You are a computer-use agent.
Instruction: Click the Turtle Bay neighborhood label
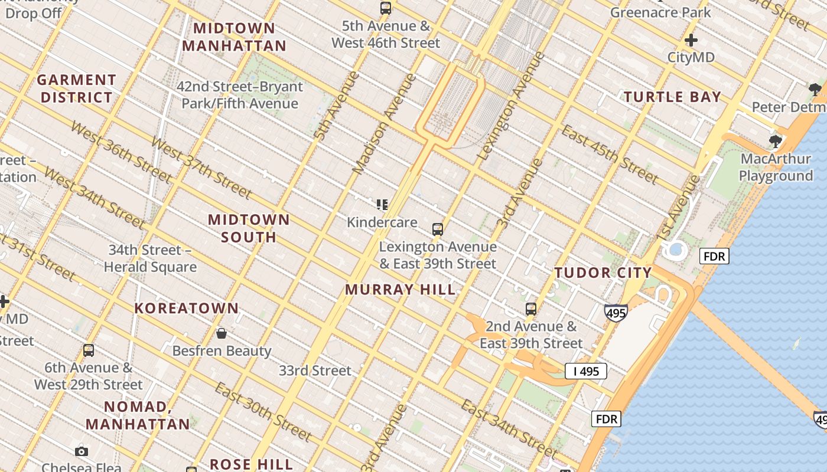click(x=673, y=97)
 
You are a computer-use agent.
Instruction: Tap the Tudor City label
click(x=603, y=273)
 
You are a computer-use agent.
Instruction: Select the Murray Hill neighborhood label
click(x=401, y=290)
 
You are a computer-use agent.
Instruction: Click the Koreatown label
click(x=187, y=308)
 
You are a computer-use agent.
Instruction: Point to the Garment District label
click(x=76, y=88)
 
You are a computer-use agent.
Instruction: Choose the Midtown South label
click(x=249, y=228)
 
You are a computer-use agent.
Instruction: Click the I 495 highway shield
click(x=585, y=371)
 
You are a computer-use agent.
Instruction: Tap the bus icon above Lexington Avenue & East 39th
click(x=438, y=230)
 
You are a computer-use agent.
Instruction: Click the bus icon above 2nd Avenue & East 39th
click(x=531, y=309)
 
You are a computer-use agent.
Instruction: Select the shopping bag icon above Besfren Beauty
click(x=222, y=334)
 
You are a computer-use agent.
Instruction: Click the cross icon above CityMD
click(x=691, y=41)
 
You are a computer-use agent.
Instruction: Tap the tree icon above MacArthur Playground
click(x=775, y=142)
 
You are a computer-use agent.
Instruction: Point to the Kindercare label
click(x=382, y=222)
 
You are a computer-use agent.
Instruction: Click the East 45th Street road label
click(x=610, y=155)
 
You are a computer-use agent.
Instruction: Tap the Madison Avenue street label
click(x=384, y=124)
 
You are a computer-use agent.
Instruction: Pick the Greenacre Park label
click(x=660, y=12)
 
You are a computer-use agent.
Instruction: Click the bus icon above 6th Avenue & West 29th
click(x=89, y=350)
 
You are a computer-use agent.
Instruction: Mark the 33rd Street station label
click(x=315, y=371)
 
